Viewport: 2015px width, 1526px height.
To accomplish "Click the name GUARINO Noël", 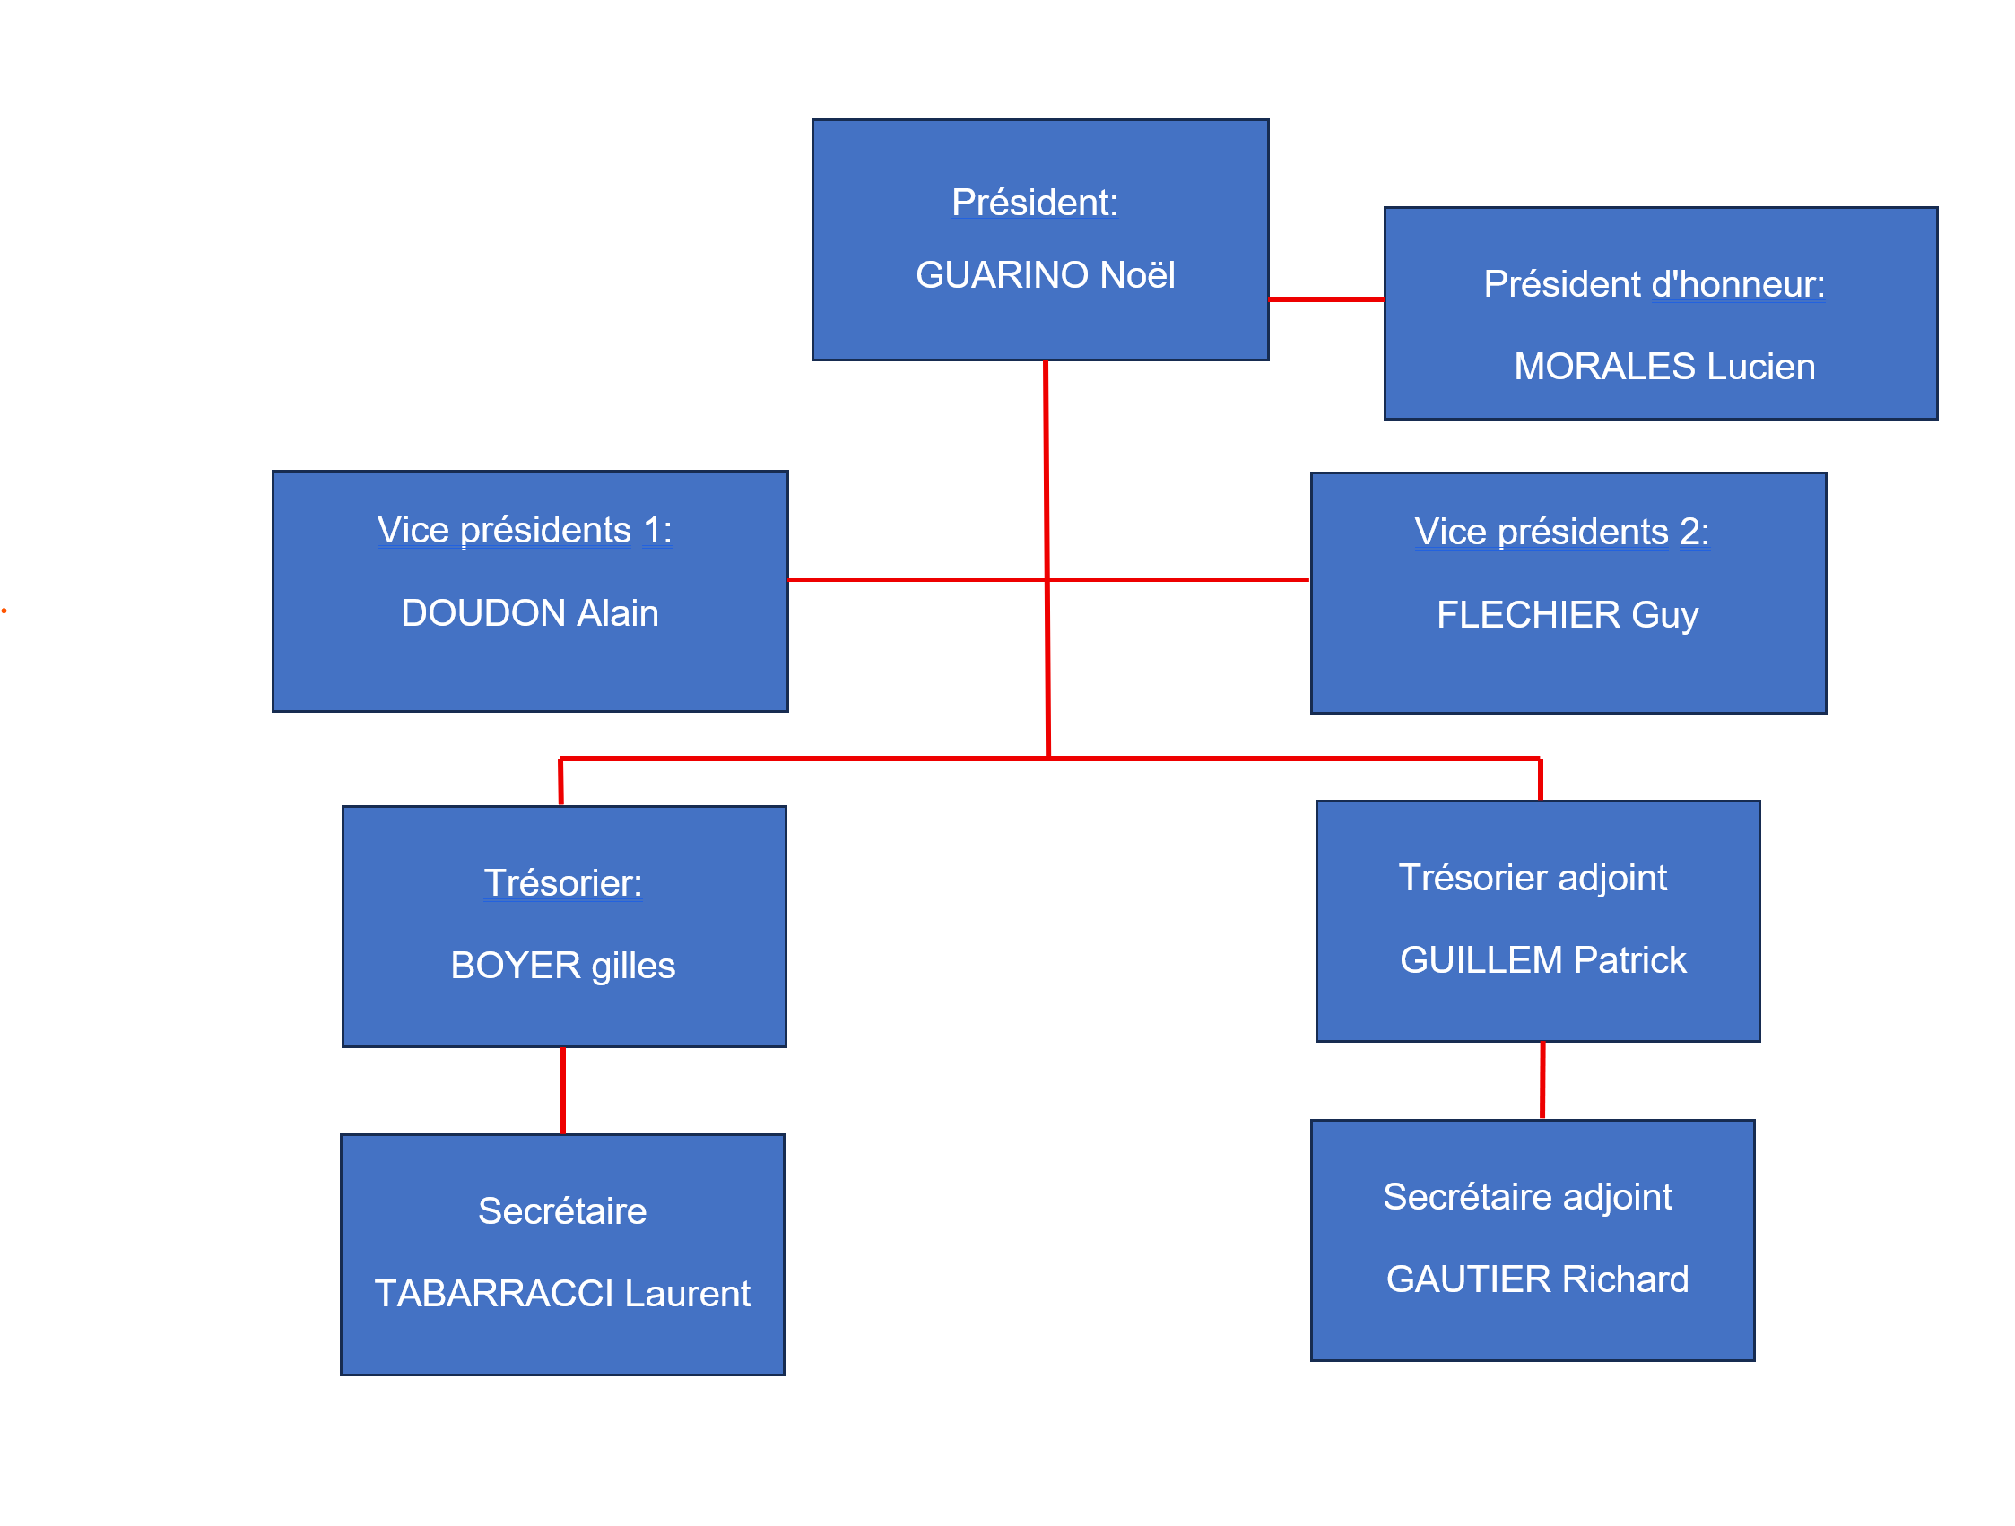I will (1045, 275).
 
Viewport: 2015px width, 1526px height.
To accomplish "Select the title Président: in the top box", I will (1035, 203).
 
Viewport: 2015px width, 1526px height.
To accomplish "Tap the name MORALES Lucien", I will (1664, 366).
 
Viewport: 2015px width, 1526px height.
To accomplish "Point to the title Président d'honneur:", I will (1655, 284).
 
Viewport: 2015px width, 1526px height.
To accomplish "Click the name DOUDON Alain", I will (529, 613).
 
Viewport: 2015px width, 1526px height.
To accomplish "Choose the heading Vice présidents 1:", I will (525, 530).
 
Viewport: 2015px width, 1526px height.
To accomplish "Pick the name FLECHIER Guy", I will (1568, 615).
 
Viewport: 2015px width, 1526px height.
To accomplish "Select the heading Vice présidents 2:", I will (1561, 532).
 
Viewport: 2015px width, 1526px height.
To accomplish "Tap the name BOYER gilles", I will (563, 966).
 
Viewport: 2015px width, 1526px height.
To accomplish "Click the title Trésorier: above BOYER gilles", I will (563, 883).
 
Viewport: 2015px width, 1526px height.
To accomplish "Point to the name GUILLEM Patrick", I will (1543, 960).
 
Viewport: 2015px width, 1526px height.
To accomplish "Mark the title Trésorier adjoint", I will (1533, 879).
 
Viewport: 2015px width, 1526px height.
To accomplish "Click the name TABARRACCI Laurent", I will (562, 1294).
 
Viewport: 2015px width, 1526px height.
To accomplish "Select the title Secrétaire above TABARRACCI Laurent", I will (562, 1211).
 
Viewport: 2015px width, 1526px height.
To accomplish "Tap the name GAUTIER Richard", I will (1538, 1279).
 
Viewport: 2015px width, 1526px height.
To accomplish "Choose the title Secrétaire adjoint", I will (1528, 1197).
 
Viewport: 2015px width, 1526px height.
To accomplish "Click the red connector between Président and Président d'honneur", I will (1326, 299).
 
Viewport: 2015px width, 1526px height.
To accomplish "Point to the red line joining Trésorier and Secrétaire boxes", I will (563, 1090).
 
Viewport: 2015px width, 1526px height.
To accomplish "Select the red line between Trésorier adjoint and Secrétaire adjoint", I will (1542, 1080).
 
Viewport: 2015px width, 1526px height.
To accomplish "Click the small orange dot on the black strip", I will (4, 611).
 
